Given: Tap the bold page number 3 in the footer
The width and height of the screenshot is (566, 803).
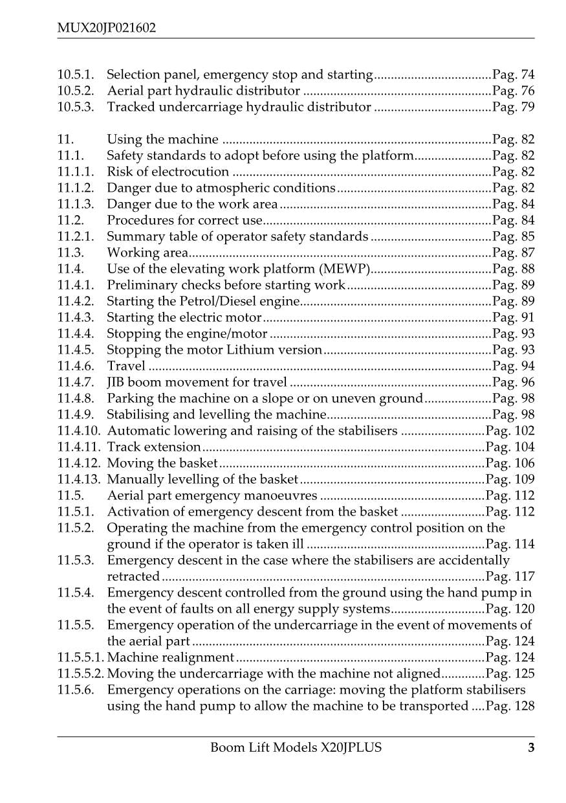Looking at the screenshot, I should click(531, 748).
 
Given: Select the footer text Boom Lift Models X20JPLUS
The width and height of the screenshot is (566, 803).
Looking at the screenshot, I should click(296, 748).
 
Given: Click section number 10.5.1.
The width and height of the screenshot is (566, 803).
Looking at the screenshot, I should click(74, 74).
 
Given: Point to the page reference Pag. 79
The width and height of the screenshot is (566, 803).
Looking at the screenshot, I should click(514, 107).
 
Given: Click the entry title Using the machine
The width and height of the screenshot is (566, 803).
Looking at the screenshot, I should click(162, 139).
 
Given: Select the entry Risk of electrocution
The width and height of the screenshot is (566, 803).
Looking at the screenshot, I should click(168, 172).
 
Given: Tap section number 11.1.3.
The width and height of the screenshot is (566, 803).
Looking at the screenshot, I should click(74, 204).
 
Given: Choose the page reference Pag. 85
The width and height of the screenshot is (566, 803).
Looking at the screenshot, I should click(514, 236).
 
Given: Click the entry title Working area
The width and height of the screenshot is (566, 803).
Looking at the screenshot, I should click(147, 253).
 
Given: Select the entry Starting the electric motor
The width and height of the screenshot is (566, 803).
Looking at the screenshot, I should click(184, 317).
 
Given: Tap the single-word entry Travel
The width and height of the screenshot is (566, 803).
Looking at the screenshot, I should click(126, 366).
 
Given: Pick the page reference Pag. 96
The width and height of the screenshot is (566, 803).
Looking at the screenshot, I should click(514, 382).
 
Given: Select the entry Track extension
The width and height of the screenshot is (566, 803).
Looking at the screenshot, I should click(154, 447).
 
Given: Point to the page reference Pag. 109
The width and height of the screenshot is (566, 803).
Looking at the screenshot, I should click(510, 479).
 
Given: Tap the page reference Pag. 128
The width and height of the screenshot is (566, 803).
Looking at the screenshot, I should click(510, 706).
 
